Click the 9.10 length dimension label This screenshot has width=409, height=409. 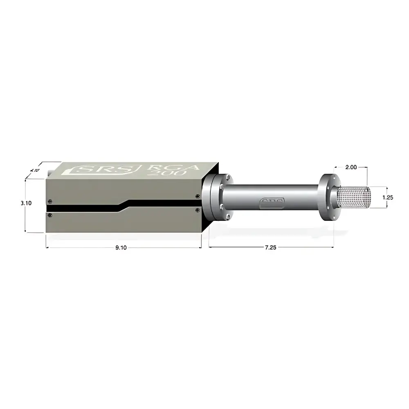121,247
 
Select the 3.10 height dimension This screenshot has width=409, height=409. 15,202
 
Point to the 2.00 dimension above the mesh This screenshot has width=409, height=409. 351,167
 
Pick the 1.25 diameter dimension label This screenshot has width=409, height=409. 388,197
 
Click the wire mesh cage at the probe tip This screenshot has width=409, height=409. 354,197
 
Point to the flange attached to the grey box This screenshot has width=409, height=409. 217,196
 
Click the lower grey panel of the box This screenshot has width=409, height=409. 123,223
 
